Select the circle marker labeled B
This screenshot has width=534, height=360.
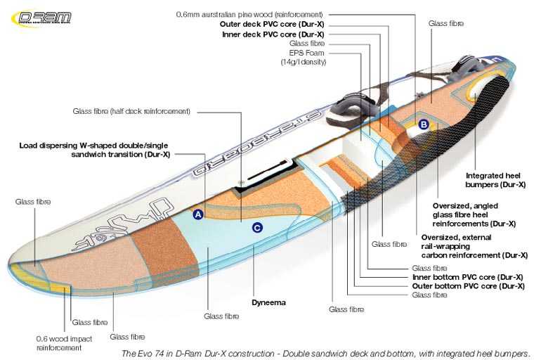(424, 124)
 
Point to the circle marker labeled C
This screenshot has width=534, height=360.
(258, 227)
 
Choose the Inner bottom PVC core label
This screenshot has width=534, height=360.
(469, 277)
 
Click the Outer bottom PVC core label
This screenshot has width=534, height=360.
(469, 286)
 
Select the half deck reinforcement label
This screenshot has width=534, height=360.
(131, 111)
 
